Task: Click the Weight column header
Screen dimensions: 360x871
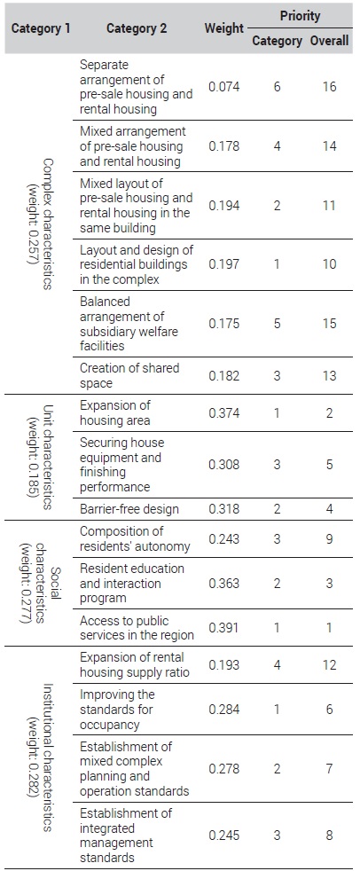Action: (223, 28)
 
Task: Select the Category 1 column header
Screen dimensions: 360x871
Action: (41, 28)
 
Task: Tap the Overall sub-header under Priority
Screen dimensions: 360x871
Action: (330, 41)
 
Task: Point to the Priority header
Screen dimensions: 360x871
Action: (300, 16)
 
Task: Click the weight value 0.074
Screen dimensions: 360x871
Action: (223, 87)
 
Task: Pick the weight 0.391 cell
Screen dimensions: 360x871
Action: (223, 628)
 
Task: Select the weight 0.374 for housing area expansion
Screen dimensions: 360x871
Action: (223, 412)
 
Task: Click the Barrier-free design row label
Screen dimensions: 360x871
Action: (129, 509)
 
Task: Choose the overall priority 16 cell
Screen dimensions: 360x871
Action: (330, 87)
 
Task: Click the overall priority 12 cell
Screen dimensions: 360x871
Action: (330, 665)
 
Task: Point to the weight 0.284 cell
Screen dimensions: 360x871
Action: (223, 710)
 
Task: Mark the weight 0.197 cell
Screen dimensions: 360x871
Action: (223, 264)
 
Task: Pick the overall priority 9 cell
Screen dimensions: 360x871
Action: (330, 538)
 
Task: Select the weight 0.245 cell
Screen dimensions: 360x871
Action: (223, 835)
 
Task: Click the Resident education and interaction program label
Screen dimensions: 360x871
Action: (131, 584)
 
